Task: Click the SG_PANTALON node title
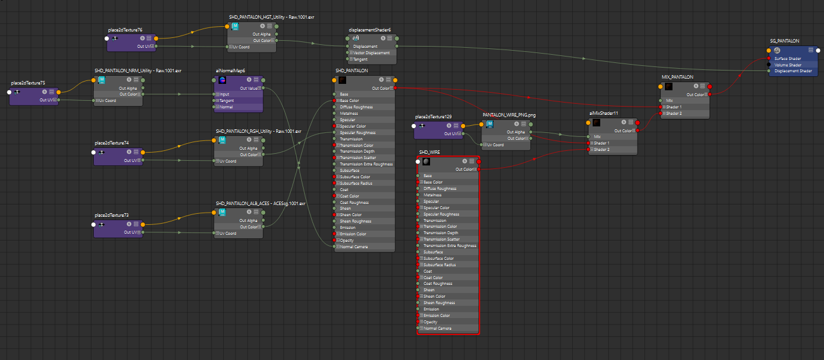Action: [784, 41]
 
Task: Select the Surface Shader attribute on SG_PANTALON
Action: [788, 58]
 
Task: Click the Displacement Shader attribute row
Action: [793, 71]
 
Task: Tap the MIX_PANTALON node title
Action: [677, 77]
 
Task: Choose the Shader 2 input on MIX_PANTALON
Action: [674, 113]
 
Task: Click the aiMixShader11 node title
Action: [604, 113]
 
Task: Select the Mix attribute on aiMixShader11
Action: [597, 137]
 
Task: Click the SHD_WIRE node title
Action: [429, 152]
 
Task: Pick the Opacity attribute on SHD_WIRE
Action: [431, 322]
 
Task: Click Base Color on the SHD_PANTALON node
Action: [350, 100]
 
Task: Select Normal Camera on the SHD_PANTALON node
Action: [354, 247]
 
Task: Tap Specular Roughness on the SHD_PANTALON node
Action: [358, 133]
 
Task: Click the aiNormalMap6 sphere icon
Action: [222, 80]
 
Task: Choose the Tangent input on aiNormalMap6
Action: [227, 100]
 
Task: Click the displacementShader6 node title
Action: [369, 30]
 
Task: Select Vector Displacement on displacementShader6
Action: [371, 52]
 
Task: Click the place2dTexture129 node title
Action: [434, 117]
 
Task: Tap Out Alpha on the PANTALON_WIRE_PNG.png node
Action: [516, 132]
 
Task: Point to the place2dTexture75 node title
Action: [28, 83]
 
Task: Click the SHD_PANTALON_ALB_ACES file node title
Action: [260, 203]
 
